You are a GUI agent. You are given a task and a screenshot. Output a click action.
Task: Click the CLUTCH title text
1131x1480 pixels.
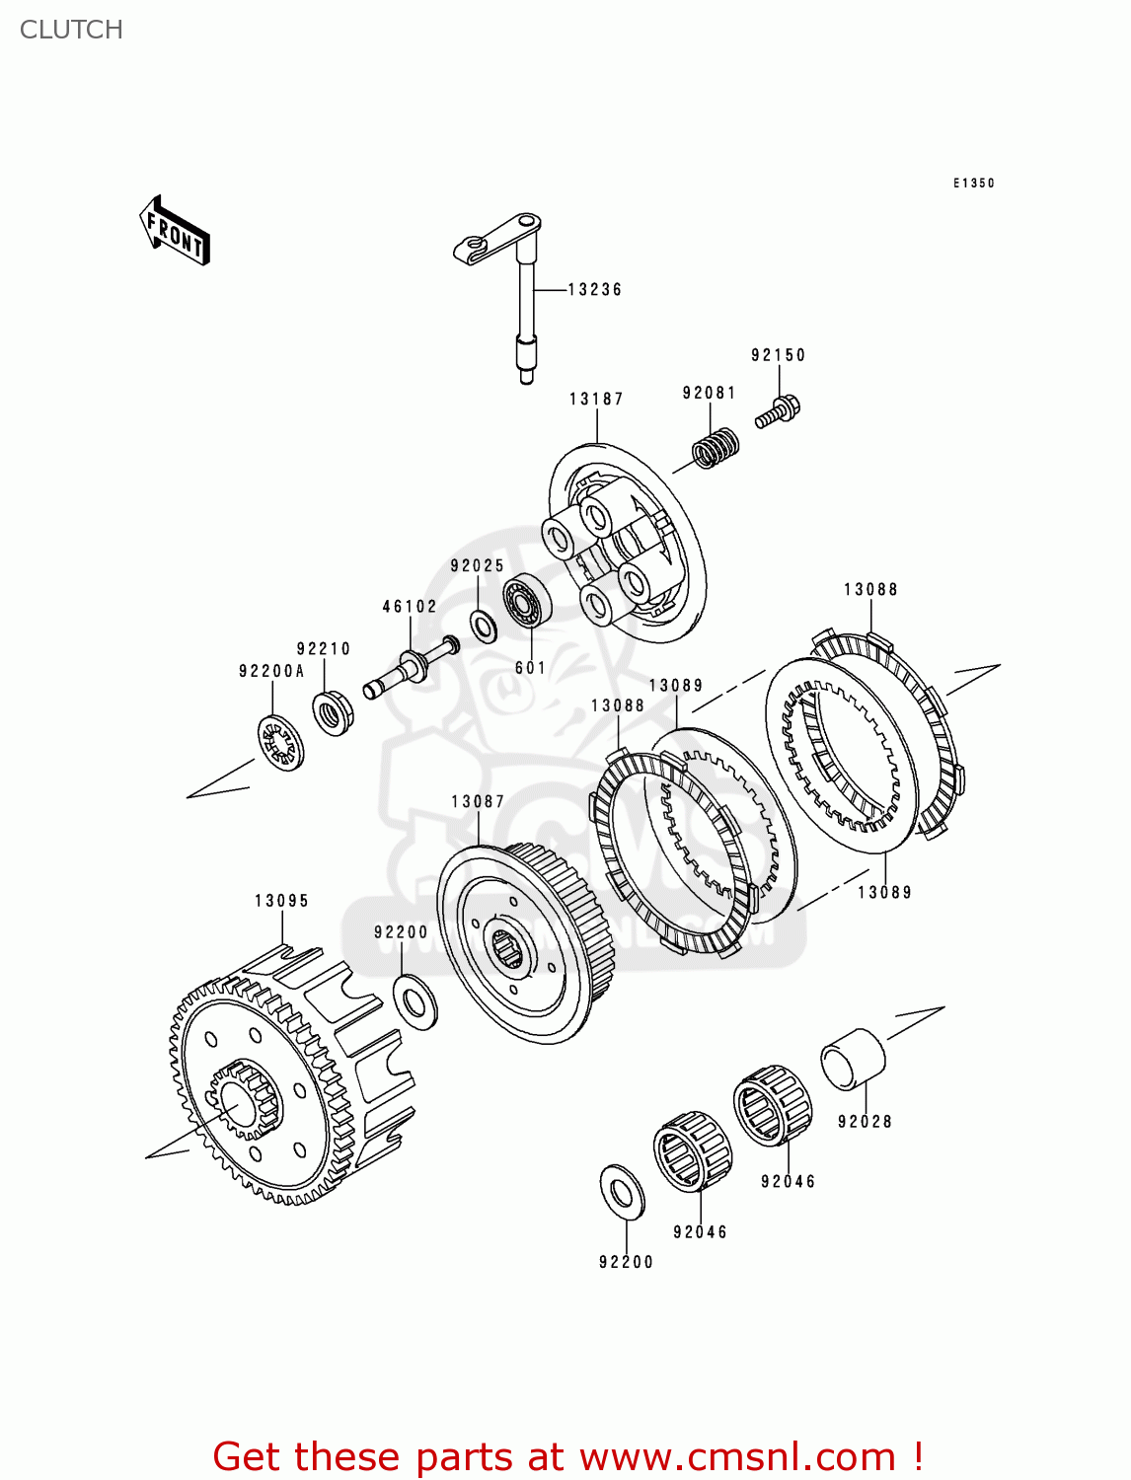(71, 30)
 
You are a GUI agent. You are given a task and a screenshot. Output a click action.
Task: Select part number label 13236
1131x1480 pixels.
(595, 289)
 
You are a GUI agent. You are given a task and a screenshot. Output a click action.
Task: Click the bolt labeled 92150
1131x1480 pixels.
(778, 411)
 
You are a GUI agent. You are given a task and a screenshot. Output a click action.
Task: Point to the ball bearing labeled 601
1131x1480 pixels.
(527, 600)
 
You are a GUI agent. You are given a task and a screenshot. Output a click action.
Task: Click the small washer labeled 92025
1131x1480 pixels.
(484, 626)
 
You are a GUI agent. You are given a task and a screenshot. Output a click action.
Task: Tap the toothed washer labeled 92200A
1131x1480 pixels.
(281, 743)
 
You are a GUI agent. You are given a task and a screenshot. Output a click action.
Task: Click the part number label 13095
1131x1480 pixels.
(281, 900)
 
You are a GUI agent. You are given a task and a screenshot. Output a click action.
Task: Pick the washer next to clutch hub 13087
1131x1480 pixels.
(416, 1000)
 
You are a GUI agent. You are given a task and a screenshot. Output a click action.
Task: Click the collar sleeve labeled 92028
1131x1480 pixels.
(853, 1059)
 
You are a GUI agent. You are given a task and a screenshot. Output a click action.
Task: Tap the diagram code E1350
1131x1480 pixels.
(973, 183)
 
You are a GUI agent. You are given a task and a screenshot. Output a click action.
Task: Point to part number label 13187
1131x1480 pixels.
(596, 399)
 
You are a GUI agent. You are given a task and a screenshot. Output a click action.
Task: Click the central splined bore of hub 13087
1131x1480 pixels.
(507, 946)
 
